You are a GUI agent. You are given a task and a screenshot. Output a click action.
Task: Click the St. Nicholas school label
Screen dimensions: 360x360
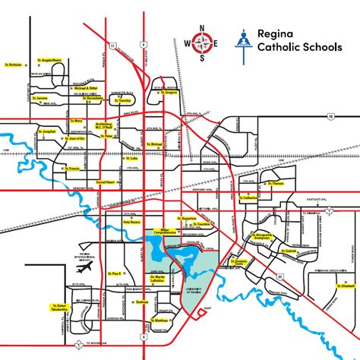click(13, 64)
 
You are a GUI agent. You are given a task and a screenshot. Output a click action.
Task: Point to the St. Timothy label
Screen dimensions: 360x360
click(124, 100)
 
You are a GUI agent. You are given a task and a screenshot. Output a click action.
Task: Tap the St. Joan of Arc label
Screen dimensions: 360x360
click(77, 139)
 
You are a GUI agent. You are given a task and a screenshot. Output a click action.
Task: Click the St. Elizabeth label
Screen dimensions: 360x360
click(324, 286)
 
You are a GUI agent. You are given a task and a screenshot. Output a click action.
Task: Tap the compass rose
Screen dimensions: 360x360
click(201, 43)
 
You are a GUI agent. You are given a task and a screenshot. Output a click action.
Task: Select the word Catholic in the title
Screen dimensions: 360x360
click(276, 52)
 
